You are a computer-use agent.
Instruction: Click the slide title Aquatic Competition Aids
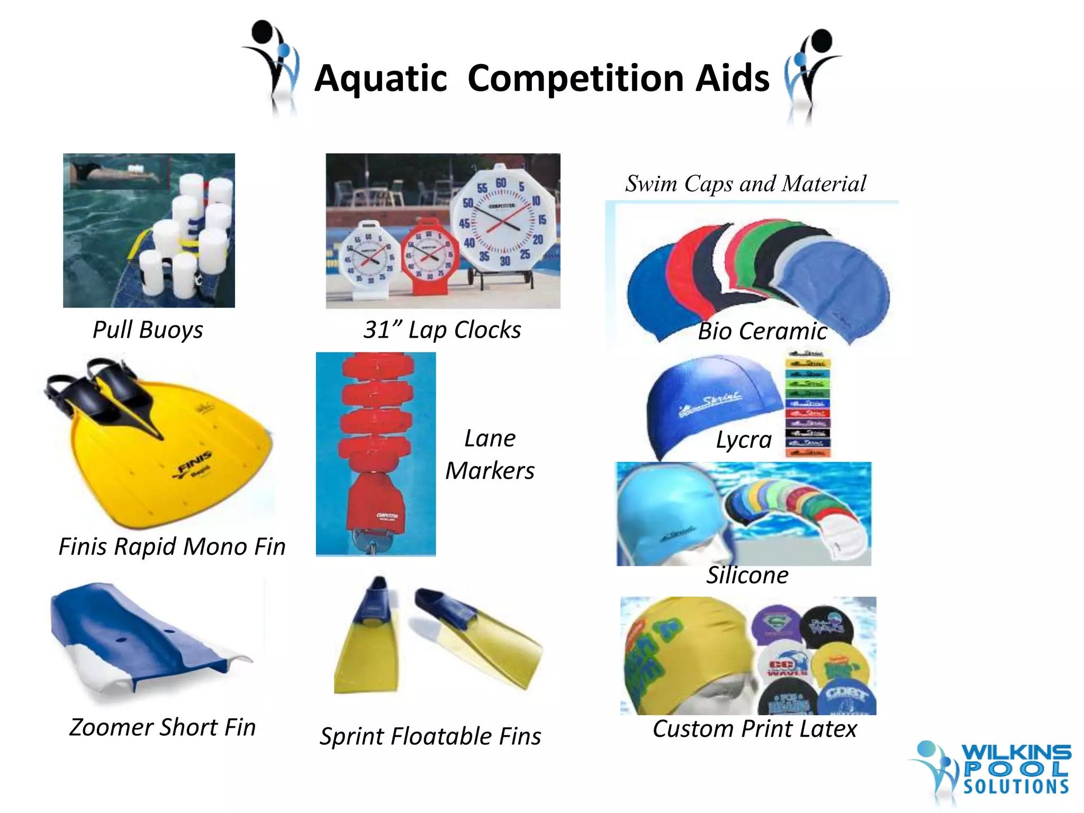(541, 78)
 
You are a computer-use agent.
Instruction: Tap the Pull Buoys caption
(148, 330)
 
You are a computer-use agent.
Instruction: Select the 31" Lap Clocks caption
(442, 330)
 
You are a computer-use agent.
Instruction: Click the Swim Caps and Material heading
(745, 184)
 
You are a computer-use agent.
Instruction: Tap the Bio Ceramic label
(762, 331)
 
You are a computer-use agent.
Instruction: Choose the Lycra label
(744, 440)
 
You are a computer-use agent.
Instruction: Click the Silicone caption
(747, 575)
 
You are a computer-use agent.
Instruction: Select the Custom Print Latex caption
(754, 729)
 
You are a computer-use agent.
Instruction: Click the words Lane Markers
(490, 454)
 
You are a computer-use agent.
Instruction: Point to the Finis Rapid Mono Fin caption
(172, 547)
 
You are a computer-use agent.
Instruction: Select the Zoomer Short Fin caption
(162, 727)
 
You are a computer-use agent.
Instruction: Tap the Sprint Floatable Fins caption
(430, 736)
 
